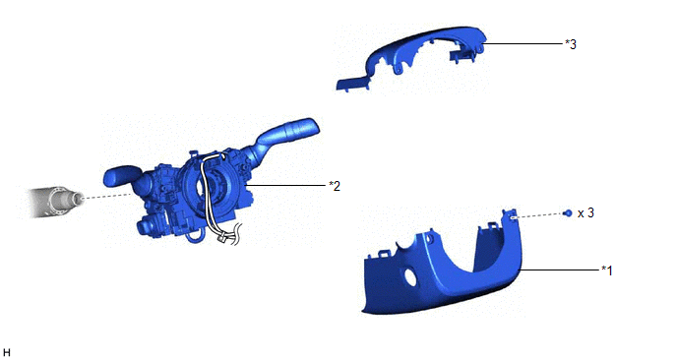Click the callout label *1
[x=607, y=270]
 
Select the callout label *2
[x=335, y=186]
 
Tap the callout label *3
[x=571, y=44]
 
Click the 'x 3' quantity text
[x=585, y=212]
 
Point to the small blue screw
[x=568, y=212]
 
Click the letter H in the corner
[x=6, y=353]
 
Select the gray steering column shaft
[x=55, y=202]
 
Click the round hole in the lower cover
[x=410, y=277]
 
